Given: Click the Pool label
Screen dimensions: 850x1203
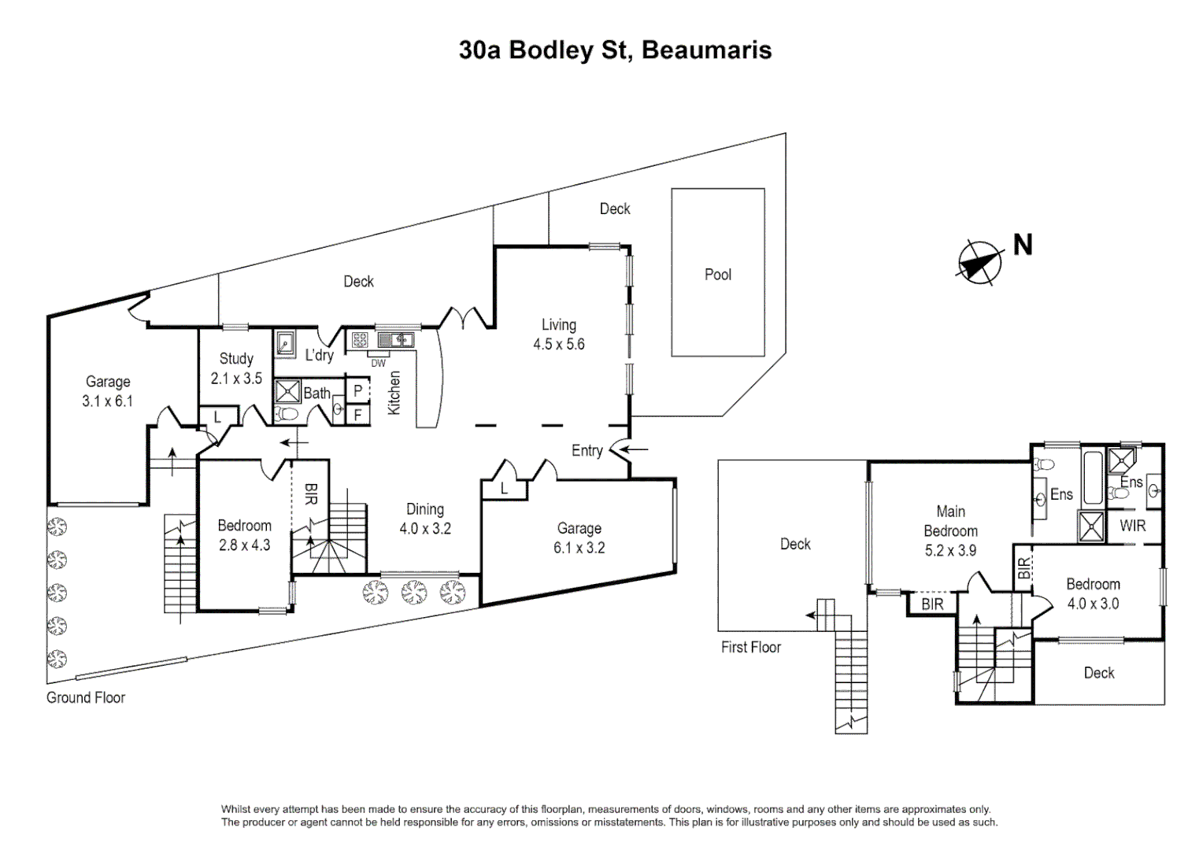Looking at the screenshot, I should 717,275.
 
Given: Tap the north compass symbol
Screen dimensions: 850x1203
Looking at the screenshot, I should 980,261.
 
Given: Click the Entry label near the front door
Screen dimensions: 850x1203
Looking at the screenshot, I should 587,450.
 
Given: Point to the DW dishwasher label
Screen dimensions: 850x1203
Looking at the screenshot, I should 379,364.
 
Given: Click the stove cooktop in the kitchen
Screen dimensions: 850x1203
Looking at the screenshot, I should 360,340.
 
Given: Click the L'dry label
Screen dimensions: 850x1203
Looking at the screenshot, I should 320,355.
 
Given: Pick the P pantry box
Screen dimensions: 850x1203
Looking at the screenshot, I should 357,390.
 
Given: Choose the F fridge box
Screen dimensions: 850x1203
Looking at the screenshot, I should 357,414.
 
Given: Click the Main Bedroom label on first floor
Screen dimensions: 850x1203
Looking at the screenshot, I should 950,521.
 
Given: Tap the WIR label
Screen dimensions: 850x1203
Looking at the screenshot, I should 1132,526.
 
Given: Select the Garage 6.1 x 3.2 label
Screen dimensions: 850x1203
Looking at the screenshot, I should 579,538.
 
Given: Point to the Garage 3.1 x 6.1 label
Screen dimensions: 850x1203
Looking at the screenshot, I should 108,391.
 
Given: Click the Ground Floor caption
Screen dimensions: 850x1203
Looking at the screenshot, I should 86,697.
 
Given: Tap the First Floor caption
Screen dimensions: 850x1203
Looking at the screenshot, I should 750,647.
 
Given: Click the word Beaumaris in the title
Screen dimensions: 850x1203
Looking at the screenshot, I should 706,50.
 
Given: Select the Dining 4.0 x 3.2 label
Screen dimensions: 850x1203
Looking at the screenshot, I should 425,519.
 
